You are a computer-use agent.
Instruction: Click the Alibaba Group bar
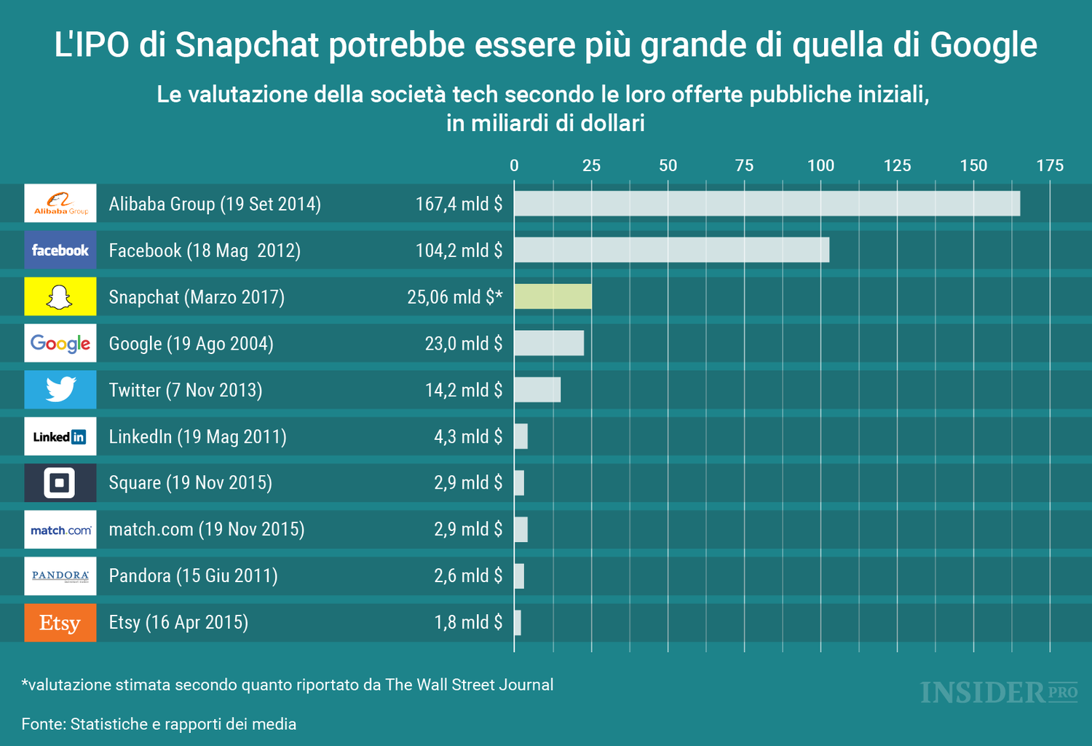point(767,204)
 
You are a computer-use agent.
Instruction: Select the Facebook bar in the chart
point(671,250)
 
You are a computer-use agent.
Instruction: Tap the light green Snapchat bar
point(553,297)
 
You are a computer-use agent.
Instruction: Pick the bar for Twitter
point(537,390)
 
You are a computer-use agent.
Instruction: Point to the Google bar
point(549,343)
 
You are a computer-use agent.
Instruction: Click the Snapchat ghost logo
point(60,297)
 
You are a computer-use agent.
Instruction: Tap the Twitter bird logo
point(60,390)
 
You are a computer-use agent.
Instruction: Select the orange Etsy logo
point(60,623)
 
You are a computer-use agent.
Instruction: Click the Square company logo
point(60,483)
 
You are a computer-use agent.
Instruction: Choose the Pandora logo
point(60,576)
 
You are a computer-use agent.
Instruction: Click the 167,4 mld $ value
point(459,204)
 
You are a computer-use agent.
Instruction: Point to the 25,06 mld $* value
point(454,297)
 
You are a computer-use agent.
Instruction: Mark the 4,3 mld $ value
point(468,437)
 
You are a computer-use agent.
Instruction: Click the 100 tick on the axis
point(820,165)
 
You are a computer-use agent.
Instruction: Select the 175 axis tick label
point(1050,165)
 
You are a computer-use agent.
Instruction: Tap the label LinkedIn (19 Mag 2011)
point(197,437)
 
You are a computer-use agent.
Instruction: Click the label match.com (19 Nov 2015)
point(206,530)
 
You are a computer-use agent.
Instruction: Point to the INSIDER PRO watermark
point(998,692)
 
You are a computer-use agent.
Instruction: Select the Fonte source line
point(159,724)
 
